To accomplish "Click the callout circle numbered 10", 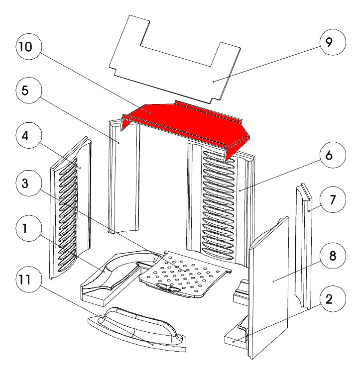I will coord(25,48).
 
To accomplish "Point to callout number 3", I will coord(25,183).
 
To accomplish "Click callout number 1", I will coord(25,229).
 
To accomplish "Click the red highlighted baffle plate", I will coord(184,124).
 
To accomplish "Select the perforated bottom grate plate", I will coord(187,274).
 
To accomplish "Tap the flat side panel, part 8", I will coord(269,288).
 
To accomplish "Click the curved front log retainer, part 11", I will coord(137,328).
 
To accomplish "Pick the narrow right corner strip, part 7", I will coord(304,249).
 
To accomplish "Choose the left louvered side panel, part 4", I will coord(70,209).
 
